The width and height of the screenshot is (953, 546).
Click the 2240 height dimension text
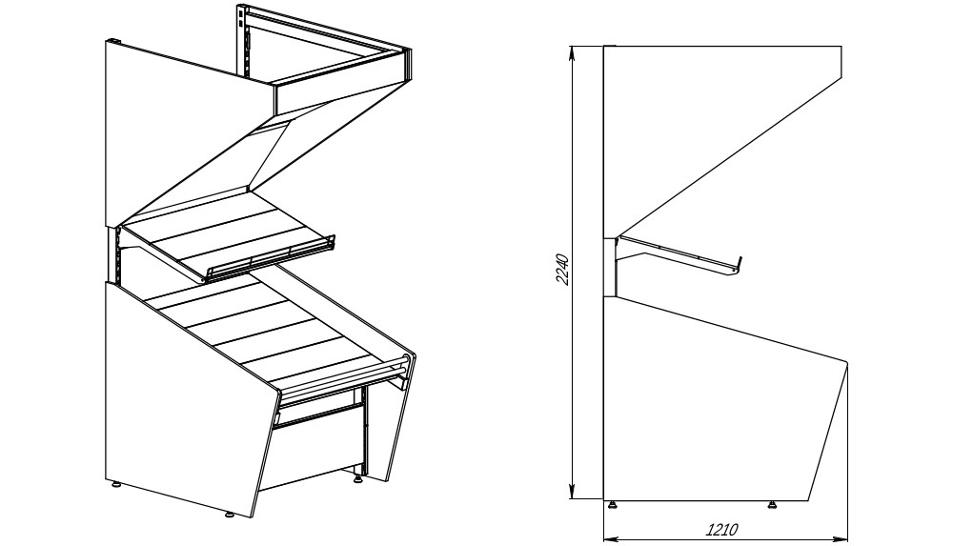(562, 270)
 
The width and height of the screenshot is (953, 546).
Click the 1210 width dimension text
(721, 530)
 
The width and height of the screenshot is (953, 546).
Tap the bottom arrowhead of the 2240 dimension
(572, 492)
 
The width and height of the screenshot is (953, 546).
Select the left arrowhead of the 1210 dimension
(611, 538)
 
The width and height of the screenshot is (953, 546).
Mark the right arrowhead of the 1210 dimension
(841, 538)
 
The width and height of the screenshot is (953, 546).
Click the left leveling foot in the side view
(613, 504)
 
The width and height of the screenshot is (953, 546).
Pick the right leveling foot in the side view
(772, 504)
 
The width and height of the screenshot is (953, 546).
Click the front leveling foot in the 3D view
(230, 515)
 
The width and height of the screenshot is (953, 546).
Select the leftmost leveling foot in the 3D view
(115, 485)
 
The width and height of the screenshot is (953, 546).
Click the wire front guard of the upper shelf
(271, 259)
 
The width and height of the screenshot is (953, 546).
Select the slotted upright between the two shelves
(115, 256)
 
